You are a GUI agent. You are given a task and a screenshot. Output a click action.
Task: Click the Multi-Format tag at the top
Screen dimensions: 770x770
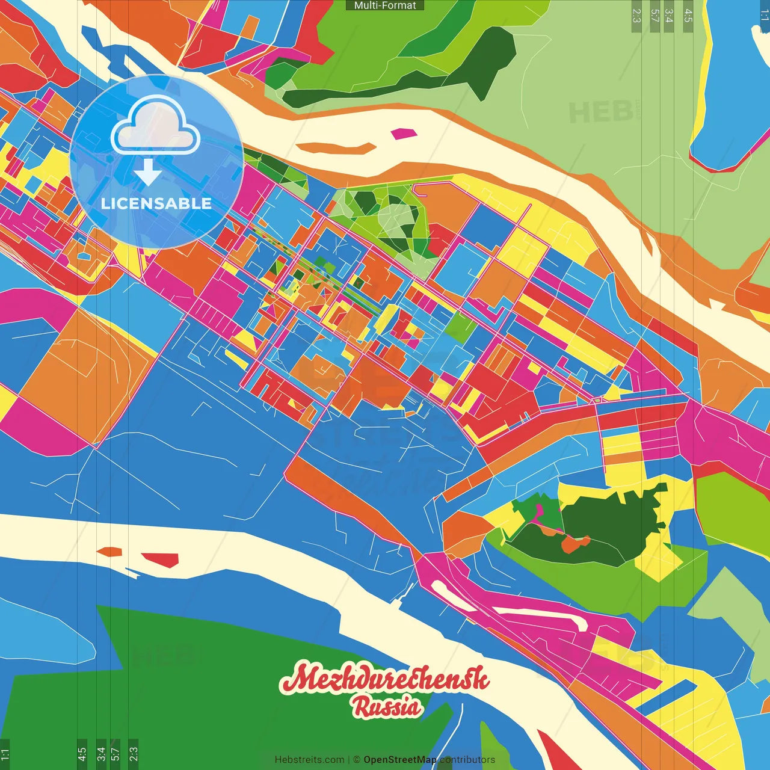pyautogui.click(x=385, y=5)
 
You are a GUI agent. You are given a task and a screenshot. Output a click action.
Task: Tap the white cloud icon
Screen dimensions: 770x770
pyautogui.click(x=156, y=127)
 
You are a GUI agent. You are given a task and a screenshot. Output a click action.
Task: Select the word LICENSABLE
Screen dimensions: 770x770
pyautogui.click(x=156, y=203)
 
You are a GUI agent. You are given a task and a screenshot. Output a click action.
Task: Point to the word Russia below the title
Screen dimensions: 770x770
pyautogui.click(x=387, y=707)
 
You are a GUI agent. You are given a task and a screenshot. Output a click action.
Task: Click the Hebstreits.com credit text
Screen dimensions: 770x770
pyautogui.click(x=309, y=760)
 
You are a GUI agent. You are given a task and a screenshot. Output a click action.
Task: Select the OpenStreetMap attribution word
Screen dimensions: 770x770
pyautogui.click(x=400, y=760)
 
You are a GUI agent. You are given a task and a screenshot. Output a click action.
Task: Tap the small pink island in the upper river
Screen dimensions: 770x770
pyautogui.click(x=402, y=133)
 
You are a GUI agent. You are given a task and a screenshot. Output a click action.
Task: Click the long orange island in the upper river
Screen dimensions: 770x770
pyautogui.click(x=337, y=148)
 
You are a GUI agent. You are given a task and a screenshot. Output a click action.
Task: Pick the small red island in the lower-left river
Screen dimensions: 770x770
pyautogui.click(x=161, y=559)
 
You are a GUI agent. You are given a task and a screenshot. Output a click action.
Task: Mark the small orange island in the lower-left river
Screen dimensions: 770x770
pyautogui.click(x=109, y=551)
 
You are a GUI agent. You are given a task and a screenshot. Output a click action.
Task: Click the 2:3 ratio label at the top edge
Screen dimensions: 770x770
pyautogui.click(x=636, y=16)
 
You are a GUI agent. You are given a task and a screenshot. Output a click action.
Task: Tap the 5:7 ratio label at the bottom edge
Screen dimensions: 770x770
pyautogui.click(x=115, y=754)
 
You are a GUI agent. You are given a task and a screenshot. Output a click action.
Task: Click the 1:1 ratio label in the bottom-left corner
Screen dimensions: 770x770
pyautogui.click(x=5, y=754)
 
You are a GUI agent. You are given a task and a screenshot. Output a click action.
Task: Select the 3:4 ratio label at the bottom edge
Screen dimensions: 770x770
pyautogui.click(x=101, y=754)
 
